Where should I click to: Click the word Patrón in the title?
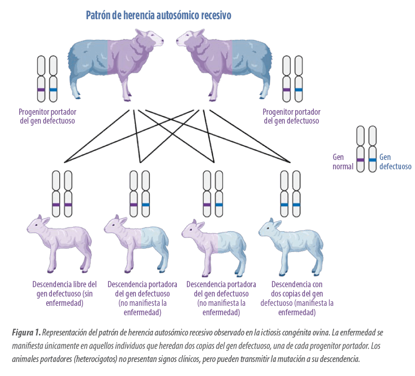(98, 16)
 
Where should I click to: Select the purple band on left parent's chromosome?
(41, 90)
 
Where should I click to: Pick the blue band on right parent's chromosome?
(299, 90)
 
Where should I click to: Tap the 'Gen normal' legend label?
(343, 162)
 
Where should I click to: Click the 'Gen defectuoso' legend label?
(395, 162)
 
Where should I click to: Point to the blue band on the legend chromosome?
(372, 160)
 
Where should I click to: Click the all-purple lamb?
(60, 243)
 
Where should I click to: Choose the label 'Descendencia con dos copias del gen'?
(297, 289)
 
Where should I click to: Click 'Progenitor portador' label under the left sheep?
(47, 112)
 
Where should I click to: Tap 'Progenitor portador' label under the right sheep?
(292, 112)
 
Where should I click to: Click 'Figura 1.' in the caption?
(26, 332)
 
